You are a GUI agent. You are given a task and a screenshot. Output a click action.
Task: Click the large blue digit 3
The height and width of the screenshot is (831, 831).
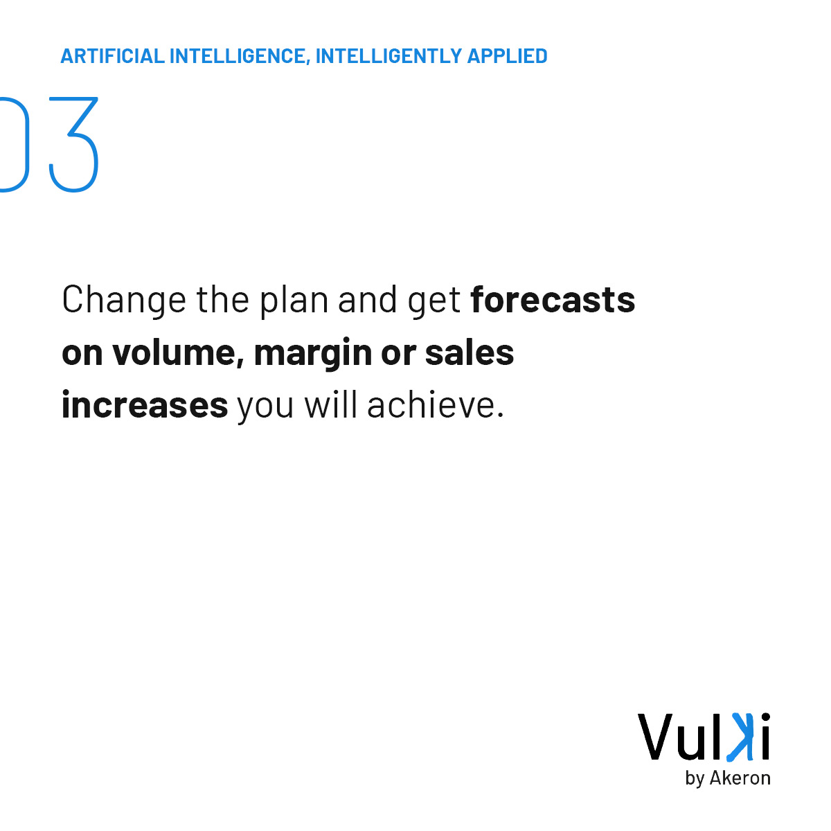click(x=74, y=145)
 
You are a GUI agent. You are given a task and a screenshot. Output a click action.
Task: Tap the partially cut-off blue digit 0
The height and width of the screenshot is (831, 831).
click(x=14, y=145)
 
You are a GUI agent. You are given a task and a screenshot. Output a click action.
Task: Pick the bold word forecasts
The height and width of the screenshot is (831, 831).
click(x=553, y=300)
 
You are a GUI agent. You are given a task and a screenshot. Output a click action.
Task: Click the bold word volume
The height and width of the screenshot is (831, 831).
click(x=177, y=352)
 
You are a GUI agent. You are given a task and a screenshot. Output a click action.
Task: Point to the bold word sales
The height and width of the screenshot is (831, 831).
click(x=470, y=352)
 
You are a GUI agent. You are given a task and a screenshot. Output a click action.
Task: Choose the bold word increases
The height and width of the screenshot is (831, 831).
click(x=145, y=405)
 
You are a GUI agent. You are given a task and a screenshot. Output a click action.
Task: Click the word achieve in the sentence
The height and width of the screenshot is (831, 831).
click(x=435, y=405)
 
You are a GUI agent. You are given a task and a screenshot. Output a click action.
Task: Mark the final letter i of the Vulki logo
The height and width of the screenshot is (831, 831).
click(x=764, y=737)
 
